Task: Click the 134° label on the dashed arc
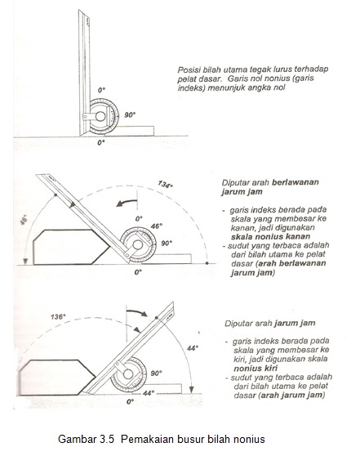click(x=166, y=184)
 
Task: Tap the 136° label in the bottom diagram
click(x=58, y=317)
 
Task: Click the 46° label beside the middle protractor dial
click(x=156, y=226)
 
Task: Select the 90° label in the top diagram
click(x=130, y=115)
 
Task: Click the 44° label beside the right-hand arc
click(x=193, y=348)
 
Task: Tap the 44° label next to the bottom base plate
click(x=149, y=393)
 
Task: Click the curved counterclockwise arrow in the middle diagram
click(x=127, y=203)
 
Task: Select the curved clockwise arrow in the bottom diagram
click(x=137, y=312)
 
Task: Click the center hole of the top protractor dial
click(x=100, y=116)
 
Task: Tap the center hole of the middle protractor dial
click(x=138, y=245)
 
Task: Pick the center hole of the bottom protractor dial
click(x=128, y=374)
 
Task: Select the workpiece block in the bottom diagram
click(x=57, y=378)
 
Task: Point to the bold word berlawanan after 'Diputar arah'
click(x=296, y=182)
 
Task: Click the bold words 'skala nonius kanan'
click(x=270, y=236)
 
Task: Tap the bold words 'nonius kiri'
click(x=256, y=369)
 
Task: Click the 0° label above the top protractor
click(x=101, y=90)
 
